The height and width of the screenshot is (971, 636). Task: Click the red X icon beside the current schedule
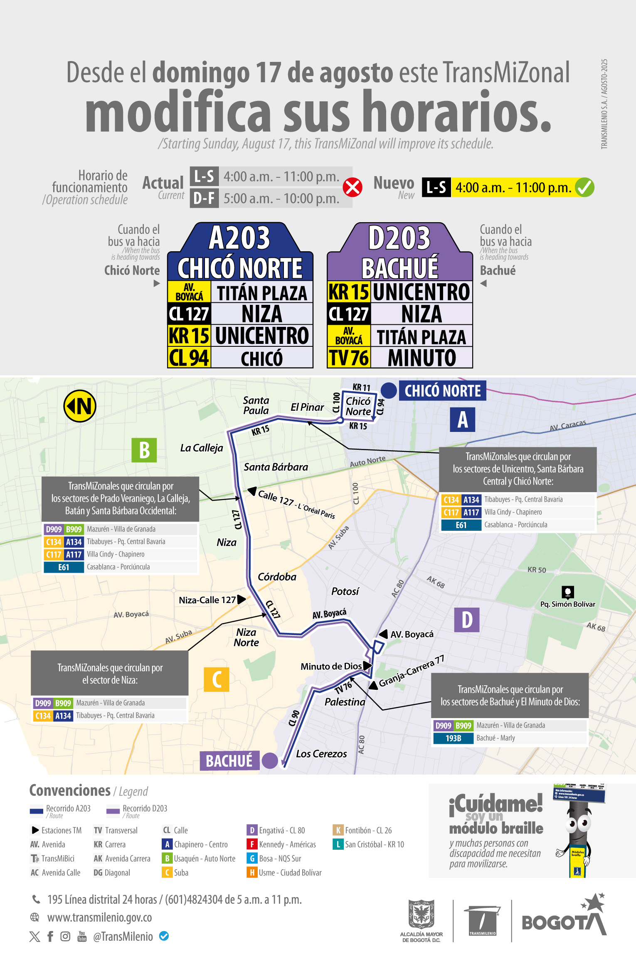[353, 187]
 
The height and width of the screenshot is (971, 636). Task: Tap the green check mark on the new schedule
[584, 187]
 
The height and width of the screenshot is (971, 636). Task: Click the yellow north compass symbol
[80, 406]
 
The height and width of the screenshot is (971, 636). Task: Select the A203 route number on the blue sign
[239, 238]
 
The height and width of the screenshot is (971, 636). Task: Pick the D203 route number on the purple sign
[399, 238]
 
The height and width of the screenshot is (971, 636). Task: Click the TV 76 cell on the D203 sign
[349, 358]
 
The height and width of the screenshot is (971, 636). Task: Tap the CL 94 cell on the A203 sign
[189, 358]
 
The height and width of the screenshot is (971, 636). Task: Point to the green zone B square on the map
[144, 450]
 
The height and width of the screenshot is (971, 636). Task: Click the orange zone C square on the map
[217, 679]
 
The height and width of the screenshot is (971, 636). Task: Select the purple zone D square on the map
[467, 620]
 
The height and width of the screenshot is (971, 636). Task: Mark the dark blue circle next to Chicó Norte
[389, 390]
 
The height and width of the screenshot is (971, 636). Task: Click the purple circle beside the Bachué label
[270, 760]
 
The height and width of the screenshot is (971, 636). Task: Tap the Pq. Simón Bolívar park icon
[567, 591]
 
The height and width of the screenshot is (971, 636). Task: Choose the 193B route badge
[453, 738]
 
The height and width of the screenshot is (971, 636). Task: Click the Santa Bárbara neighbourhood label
[276, 467]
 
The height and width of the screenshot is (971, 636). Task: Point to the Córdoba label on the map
[277, 576]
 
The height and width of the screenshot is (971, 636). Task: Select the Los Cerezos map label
[321, 754]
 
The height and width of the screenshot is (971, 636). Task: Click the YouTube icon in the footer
[82, 936]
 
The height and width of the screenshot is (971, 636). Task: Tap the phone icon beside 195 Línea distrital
[36, 899]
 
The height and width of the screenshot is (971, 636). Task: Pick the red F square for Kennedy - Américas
[251, 844]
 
